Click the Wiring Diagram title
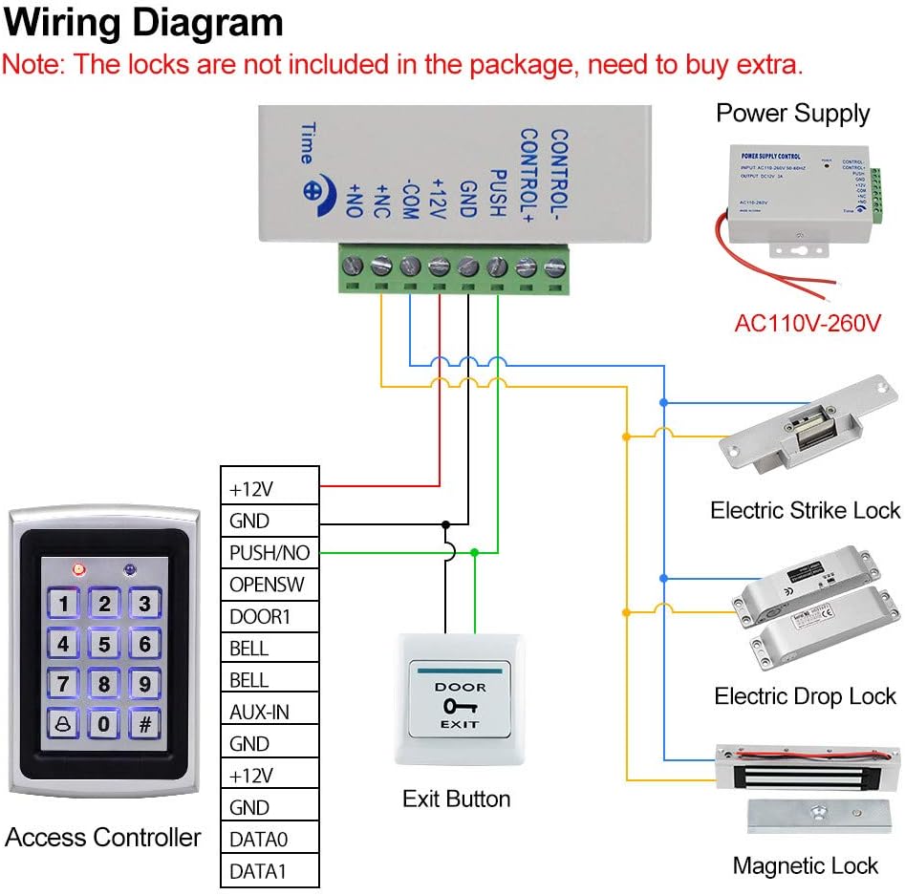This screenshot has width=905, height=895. point(143,23)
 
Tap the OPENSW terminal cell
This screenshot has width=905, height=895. point(269,584)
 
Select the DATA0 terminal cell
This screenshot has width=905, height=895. point(269,839)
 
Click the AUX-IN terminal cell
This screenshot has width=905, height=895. point(269,712)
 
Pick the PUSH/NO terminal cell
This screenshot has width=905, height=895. point(269,552)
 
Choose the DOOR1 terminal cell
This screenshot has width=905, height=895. point(269,616)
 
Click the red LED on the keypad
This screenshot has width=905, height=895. point(79,569)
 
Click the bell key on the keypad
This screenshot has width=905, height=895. point(63,723)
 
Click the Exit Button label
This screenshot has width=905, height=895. point(456,799)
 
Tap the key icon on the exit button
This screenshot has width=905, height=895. point(461,707)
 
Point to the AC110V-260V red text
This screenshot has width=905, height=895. point(806,323)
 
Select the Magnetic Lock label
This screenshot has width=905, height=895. point(805,865)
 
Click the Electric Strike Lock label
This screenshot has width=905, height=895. point(805,510)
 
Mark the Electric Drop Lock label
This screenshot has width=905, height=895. point(805,696)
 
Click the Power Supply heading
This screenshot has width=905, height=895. point(792,113)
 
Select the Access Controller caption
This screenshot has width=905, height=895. point(103,838)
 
